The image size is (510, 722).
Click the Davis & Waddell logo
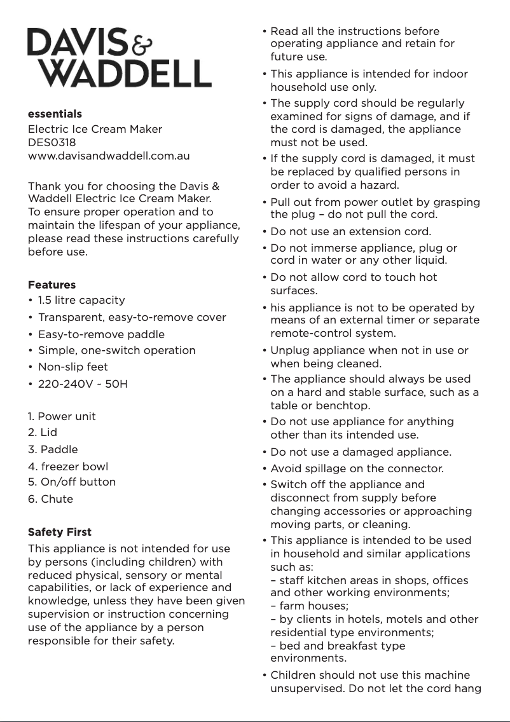pyautogui.click(x=119, y=58)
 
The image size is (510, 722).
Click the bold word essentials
pyautogui.click(x=55, y=114)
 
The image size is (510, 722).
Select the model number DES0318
pyautogui.click(x=52, y=142)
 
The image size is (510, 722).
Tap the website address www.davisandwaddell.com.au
pyautogui.click(x=109, y=156)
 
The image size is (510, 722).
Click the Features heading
pyautogui.click(x=52, y=285)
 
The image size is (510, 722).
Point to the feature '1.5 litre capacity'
pyautogui.click(x=81, y=300)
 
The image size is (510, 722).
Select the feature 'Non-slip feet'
pyautogui.click(x=73, y=367)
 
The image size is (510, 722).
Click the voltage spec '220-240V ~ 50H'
pyautogui.click(x=83, y=384)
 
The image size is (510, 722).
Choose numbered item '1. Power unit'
pyautogui.click(x=62, y=416)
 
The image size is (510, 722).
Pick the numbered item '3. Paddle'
pyautogui.click(x=53, y=449)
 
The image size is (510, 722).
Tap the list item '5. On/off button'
pyautogui.click(x=72, y=482)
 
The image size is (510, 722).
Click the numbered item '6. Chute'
pyautogui.click(x=50, y=499)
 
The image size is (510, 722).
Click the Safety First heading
pyautogui.click(x=60, y=532)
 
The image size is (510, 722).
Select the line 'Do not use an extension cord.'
pyautogui.click(x=350, y=231)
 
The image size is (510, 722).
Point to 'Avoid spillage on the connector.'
pyautogui.click(x=357, y=469)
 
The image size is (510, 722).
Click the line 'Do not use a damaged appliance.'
pyautogui.click(x=361, y=453)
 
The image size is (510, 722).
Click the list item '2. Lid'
pyautogui.click(x=43, y=433)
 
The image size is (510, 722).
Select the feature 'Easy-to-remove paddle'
pyautogui.click(x=101, y=334)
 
